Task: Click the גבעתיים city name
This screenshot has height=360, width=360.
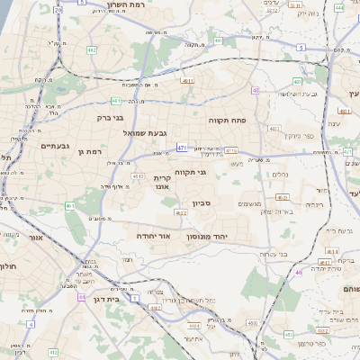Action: pos(36,145)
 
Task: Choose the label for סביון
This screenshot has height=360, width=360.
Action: pos(201,204)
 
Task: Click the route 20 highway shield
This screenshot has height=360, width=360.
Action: pos(58,9)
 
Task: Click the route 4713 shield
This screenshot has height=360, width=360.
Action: pos(231,151)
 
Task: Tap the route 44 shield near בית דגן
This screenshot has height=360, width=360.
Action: pos(82,296)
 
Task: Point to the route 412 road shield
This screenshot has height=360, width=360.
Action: pos(180,213)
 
